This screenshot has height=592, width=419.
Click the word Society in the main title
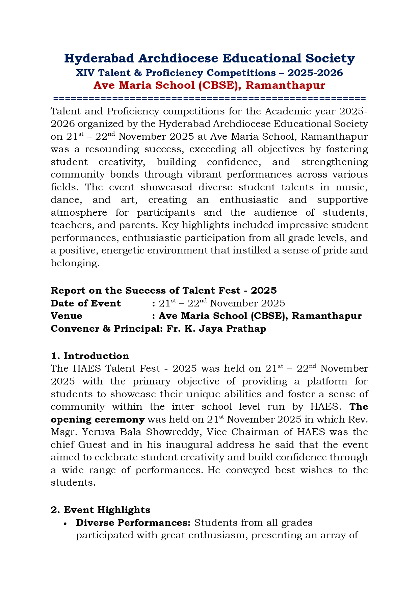tap(330, 58)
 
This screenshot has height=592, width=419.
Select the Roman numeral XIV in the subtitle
tap(84, 73)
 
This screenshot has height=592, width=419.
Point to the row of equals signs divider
tap(209, 99)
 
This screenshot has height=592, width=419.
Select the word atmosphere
tap(79, 213)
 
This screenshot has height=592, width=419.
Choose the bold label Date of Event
tap(85, 303)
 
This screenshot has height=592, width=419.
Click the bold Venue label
tap(66, 316)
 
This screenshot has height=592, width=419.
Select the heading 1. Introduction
tap(90, 356)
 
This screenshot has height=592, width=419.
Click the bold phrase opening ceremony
tap(98, 420)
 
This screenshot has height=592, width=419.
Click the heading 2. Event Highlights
tap(100, 510)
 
